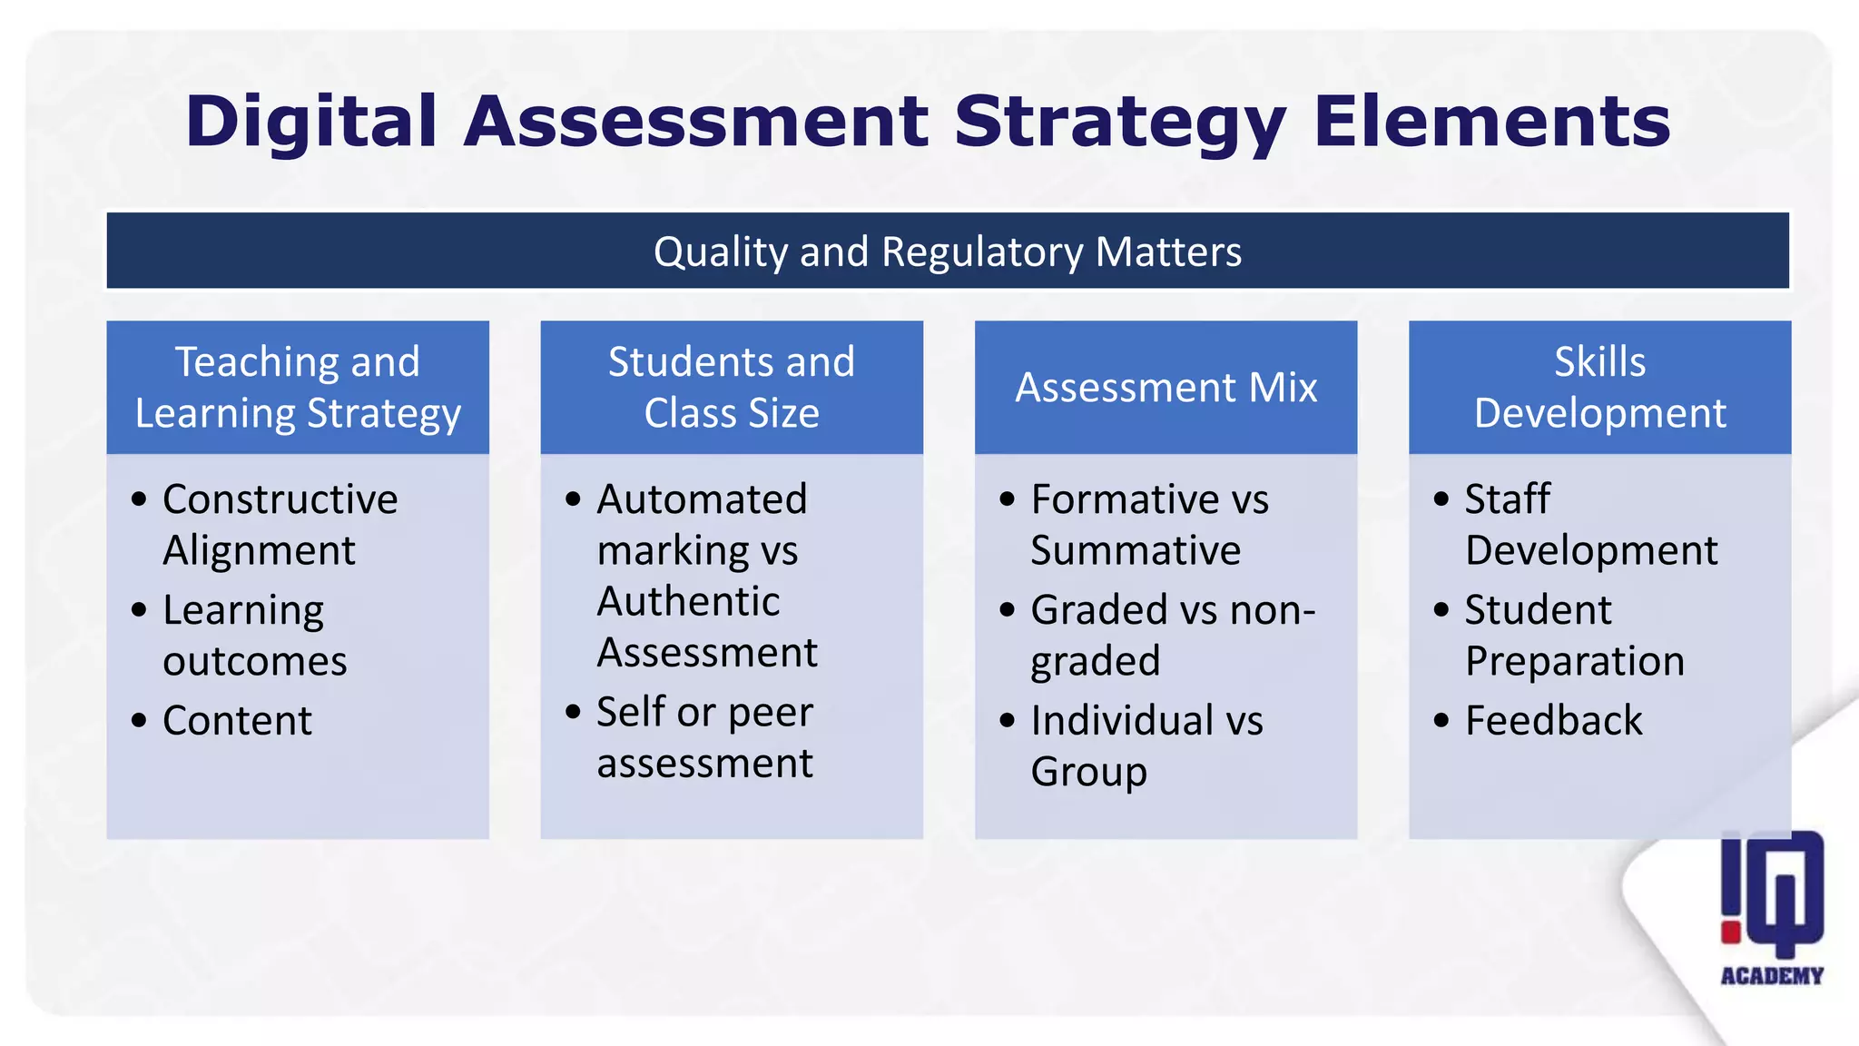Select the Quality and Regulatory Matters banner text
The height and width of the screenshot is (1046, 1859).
(947, 252)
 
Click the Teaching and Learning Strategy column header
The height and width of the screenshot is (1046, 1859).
(298, 388)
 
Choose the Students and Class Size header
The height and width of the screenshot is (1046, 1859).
(732, 388)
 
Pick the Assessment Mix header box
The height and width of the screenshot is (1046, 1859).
(1166, 388)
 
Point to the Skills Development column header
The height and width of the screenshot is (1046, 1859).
(1599, 388)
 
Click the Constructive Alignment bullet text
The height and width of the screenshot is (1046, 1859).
(280, 525)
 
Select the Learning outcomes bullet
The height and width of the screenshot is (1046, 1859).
(254, 636)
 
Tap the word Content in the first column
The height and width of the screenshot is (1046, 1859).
(237, 721)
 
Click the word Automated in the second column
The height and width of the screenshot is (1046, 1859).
(702, 499)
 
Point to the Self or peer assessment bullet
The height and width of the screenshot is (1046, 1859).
(704, 737)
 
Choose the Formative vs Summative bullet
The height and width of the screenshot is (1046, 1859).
(1148, 525)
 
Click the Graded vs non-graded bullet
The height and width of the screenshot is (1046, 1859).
(1172, 636)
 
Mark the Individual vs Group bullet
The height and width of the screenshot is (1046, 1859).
(1146, 746)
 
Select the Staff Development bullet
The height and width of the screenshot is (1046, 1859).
(1590, 525)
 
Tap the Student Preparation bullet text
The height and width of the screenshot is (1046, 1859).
(1574, 636)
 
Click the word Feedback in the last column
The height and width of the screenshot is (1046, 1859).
(1553, 721)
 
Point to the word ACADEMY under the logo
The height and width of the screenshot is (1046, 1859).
(1772, 976)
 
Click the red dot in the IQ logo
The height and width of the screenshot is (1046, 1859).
(1731, 932)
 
